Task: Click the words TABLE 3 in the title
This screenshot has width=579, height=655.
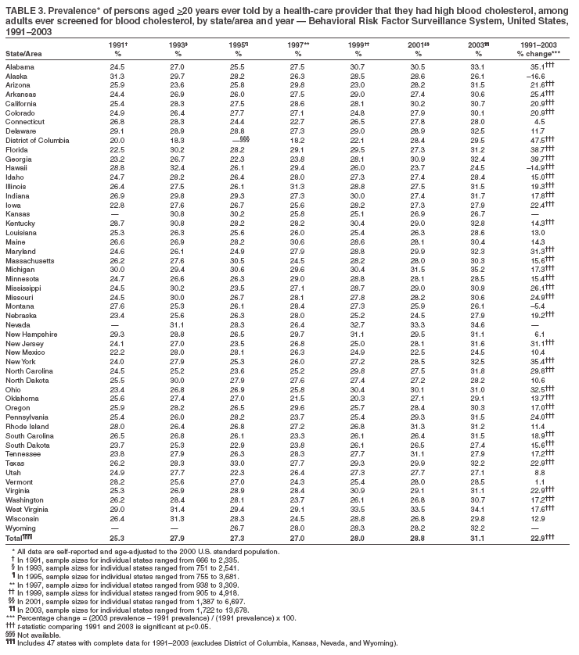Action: pyautogui.click(x=21, y=7)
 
